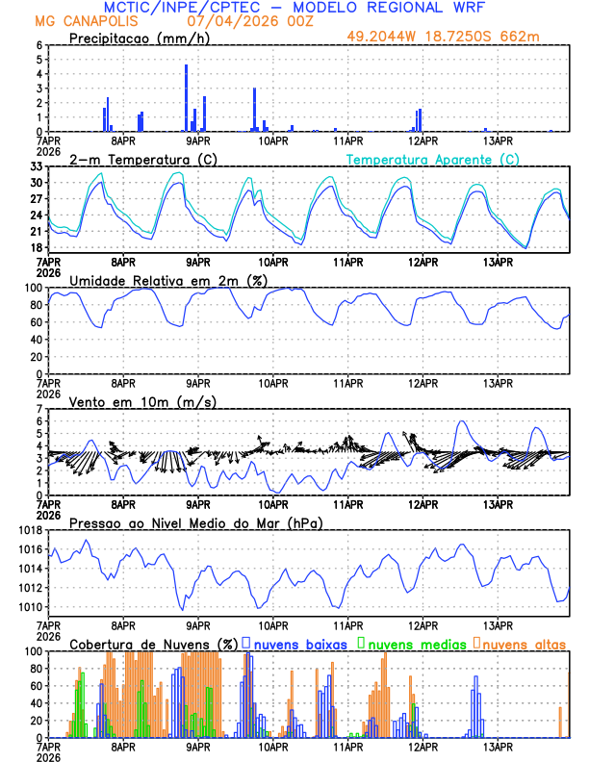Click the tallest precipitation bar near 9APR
point(186,97)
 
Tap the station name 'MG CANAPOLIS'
point(80,20)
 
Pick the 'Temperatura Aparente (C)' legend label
point(433,159)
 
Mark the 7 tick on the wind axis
point(40,409)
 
